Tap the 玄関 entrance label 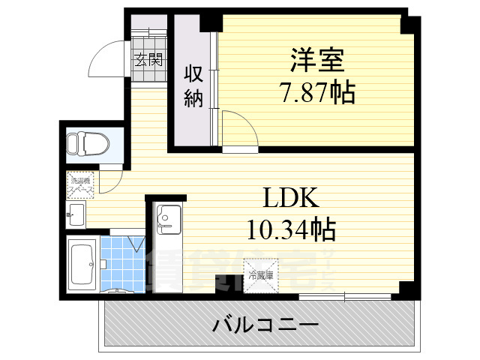pos(148,61)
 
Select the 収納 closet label pos(193,86)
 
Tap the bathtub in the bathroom pos(81,264)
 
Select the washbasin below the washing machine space pos(76,214)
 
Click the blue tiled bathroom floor pos(120,266)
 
